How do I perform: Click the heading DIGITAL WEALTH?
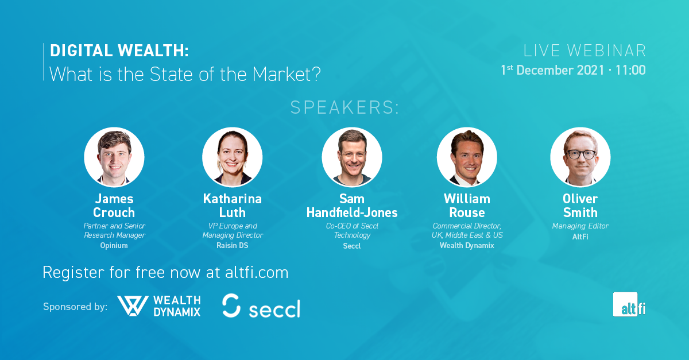click(x=119, y=51)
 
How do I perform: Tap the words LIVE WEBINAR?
click(x=585, y=51)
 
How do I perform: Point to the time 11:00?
click(x=630, y=70)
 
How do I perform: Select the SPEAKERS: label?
click(x=344, y=107)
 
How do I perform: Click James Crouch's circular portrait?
click(x=114, y=157)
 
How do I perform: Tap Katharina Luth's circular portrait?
click(x=232, y=157)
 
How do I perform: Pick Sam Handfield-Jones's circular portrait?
click(x=352, y=157)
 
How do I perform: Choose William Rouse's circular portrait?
click(x=467, y=157)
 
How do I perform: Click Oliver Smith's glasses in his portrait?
click(x=581, y=154)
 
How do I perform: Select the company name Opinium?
click(x=114, y=246)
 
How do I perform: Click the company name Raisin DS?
click(x=232, y=246)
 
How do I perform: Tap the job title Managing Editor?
click(x=580, y=226)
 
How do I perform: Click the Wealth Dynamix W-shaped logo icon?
click(x=133, y=306)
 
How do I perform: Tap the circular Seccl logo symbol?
click(x=231, y=305)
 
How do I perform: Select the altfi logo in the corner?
click(x=629, y=305)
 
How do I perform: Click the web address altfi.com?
click(x=257, y=273)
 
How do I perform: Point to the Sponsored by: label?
click(x=75, y=307)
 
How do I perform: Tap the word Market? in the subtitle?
click(x=287, y=74)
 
